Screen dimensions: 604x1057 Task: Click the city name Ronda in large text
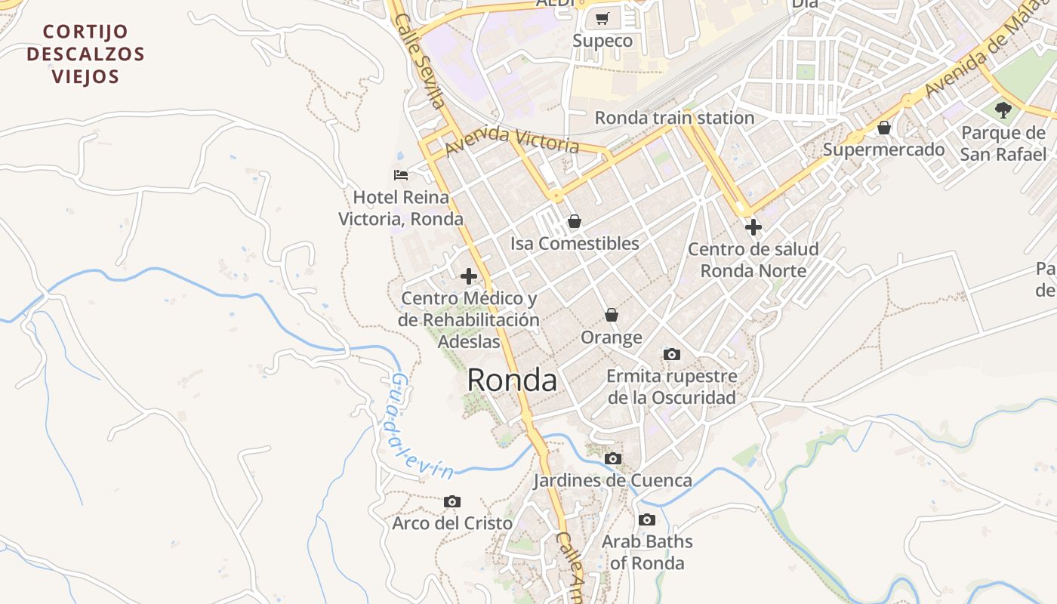click(x=512, y=380)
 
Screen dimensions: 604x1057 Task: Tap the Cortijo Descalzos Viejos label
click(x=85, y=54)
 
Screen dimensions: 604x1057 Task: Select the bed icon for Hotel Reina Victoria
click(x=401, y=175)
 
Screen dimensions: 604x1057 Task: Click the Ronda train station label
click(x=674, y=118)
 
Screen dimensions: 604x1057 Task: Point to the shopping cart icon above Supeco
click(x=602, y=19)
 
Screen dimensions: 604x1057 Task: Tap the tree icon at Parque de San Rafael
click(x=1003, y=110)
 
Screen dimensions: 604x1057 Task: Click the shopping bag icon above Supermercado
click(x=883, y=128)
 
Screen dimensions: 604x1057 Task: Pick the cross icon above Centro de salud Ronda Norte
click(x=753, y=226)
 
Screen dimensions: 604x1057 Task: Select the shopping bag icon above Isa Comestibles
click(x=575, y=221)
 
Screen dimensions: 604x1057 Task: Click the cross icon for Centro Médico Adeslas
click(x=469, y=276)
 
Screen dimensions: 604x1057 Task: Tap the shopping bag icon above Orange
click(x=612, y=315)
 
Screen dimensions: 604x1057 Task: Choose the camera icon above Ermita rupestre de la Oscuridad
click(x=671, y=354)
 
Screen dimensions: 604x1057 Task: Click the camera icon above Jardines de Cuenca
click(x=613, y=458)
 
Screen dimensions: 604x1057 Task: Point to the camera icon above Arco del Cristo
click(x=452, y=501)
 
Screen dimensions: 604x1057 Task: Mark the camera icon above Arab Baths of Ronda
click(x=646, y=519)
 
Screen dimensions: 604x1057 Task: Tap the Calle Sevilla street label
click(x=420, y=60)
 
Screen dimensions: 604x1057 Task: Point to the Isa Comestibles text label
click(x=575, y=244)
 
